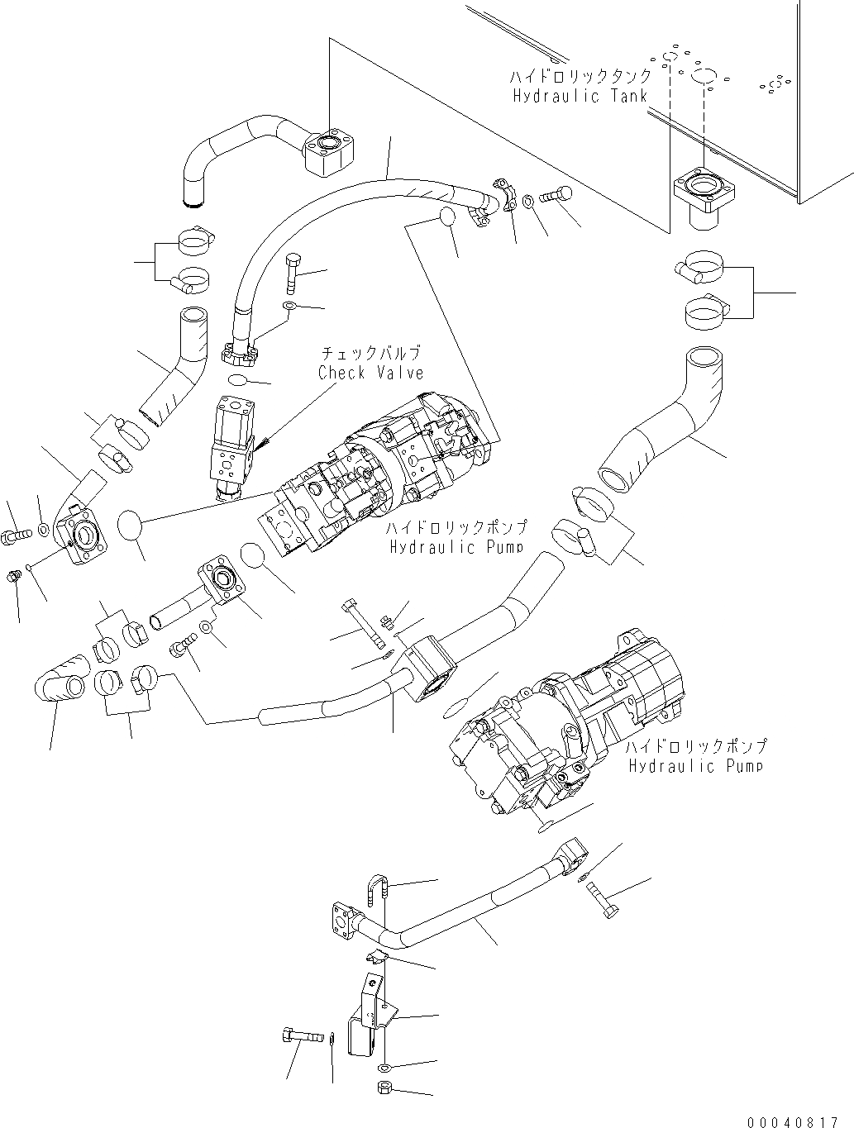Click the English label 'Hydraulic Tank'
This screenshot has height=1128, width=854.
coord(580,96)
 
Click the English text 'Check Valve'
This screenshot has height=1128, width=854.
coord(370,373)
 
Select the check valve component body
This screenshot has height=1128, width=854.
coord(231,442)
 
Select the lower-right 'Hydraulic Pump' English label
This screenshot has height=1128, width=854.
coord(695,766)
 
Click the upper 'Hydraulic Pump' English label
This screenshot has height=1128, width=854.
coord(457,547)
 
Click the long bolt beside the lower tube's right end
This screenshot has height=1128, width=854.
coord(603,897)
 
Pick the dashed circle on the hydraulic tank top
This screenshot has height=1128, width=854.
coord(704,77)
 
